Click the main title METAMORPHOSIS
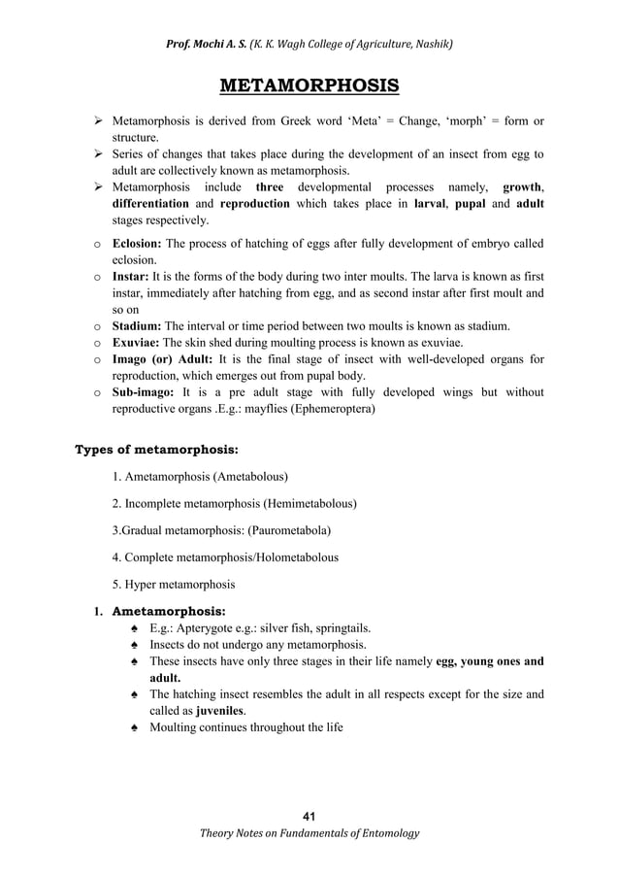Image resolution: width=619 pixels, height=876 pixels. point(309,87)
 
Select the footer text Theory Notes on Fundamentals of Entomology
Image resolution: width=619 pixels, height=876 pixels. point(309,832)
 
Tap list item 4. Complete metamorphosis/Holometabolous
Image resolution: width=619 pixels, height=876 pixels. point(225,557)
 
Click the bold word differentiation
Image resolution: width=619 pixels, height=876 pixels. point(150,204)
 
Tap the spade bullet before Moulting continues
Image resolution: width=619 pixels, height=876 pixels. point(133,727)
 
